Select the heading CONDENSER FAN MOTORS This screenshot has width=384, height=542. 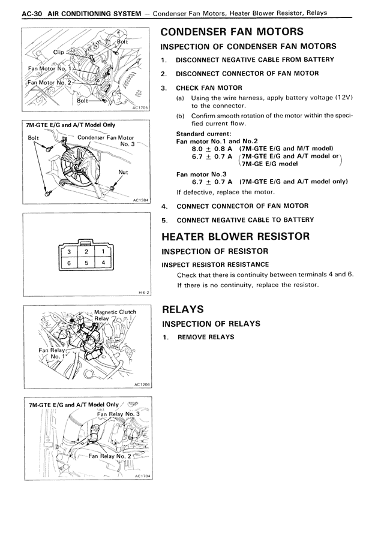[x=232, y=31]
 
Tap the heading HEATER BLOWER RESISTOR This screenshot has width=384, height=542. [x=235, y=236]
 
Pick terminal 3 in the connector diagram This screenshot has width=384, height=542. [x=70, y=252]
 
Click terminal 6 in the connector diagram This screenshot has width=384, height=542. [x=70, y=263]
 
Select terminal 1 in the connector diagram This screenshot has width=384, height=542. [x=103, y=252]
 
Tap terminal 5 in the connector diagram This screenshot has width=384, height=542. [x=86, y=263]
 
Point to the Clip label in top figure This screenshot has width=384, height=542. [x=58, y=52]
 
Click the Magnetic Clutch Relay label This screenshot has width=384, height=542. [x=114, y=315]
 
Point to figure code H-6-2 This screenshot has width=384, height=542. [x=143, y=293]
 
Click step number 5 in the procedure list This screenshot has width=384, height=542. [x=164, y=219]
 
